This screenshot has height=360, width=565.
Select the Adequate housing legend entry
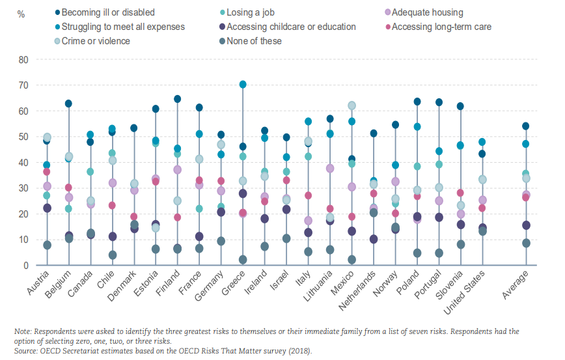click(x=424, y=12)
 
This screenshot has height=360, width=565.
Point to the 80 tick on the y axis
click(x=23, y=59)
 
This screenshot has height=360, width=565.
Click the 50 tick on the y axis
click(x=23, y=137)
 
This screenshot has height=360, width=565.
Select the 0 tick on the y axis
click(x=26, y=266)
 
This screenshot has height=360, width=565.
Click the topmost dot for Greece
click(x=243, y=85)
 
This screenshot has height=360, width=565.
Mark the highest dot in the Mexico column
click(x=351, y=105)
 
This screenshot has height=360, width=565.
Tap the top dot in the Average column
click(x=526, y=126)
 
